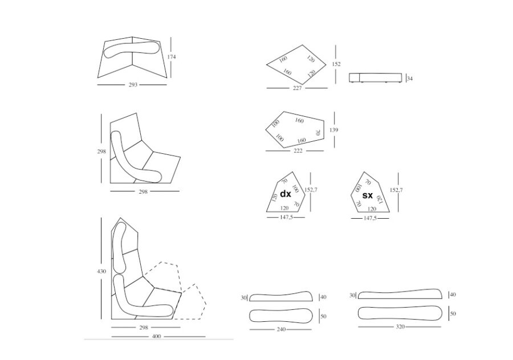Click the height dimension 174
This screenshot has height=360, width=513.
[172, 57]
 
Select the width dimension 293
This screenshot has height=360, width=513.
[133, 85]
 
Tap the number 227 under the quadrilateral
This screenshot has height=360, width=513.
[297, 88]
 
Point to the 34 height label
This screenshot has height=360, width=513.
[410, 79]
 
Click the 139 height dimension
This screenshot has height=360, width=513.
[333, 130]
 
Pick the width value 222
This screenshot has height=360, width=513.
[298, 150]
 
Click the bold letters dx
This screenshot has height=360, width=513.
[286, 194]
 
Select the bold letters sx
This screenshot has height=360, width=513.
[368, 195]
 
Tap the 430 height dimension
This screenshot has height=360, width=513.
[101, 271]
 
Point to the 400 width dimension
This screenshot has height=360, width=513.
[157, 336]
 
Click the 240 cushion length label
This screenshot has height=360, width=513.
[282, 329]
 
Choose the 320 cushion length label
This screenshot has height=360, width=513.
[400, 326]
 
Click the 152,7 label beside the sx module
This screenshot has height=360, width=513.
[396, 190]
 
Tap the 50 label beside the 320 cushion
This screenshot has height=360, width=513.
[453, 313]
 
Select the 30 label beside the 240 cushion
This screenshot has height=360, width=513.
[244, 298]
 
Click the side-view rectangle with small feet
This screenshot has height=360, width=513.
[375, 78]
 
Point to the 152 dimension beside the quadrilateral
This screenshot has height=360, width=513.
[336, 64]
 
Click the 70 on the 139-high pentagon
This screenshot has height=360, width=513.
[317, 132]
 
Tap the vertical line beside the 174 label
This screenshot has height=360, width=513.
[171, 58]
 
